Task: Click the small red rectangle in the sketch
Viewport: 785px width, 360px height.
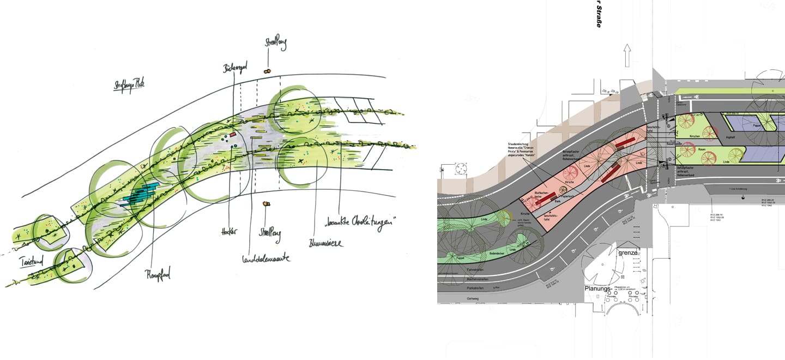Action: click(232, 134)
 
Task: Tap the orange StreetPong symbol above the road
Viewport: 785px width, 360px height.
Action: click(267, 71)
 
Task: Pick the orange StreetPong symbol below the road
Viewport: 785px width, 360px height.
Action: click(266, 204)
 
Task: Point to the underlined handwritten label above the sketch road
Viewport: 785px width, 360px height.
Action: click(129, 85)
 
